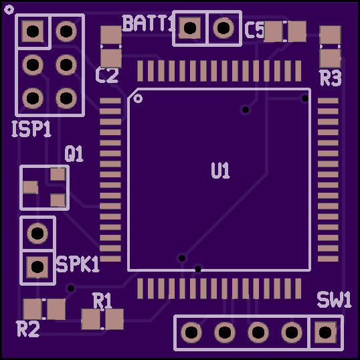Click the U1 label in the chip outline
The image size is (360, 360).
pyautogui.click(x=220, y=171)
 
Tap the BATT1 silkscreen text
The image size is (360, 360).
pyautogui.click(x=149, y=23)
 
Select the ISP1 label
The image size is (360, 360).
pyautogui.click(x=31, y=129)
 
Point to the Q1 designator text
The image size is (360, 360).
pyautogui.click(x=74, y=154)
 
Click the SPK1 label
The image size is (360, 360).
pyautogui.click(x=78, y=264)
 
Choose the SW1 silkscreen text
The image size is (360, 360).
pyautogui.click(x=334, y=299)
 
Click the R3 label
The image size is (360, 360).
pyautogui.click(x=331, y=78)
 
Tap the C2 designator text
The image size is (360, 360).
pyautogui.click(x=107, y=75)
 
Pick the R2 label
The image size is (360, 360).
pyautogui.click(x=28, y=329)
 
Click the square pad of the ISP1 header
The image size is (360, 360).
pyautogui.click(x=33, y=31)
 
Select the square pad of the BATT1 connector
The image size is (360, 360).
pyautogui.click(x=189, y=28)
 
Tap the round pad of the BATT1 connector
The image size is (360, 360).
pyautogui.click(x=223, y=28)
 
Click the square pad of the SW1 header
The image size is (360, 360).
pyautogui.click(x=325, y=332)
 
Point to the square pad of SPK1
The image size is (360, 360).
pyautogui.click(x=37, y=267)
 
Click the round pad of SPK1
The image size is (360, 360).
pyautogui.click(x=37, y=234)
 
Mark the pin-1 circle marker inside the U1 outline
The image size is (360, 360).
pyautogui.click(x=138, y=98)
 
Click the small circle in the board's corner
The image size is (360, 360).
pyautogui.click(x=9, y=9)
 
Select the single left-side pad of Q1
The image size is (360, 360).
pyautogui.click(x=31, y=187)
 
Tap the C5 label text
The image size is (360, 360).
pyautogui.click(x=254, y=30)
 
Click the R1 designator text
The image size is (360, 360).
pyautogui.click(x=102, y=300)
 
